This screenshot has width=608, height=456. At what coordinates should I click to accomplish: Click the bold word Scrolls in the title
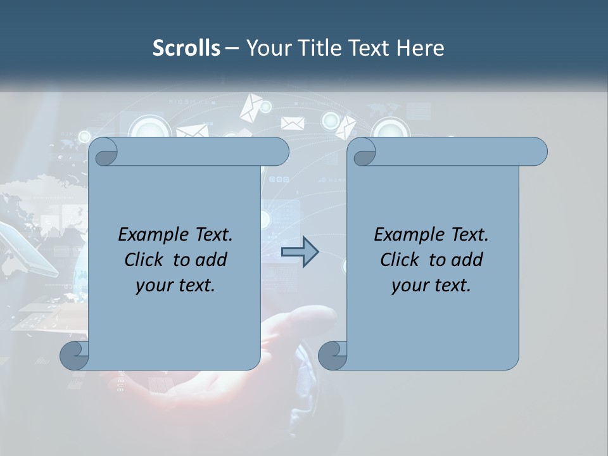coord(186,48)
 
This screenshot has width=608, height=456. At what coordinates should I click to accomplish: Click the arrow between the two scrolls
coord(300,252)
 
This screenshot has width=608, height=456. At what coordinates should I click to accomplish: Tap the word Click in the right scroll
coord(399,260)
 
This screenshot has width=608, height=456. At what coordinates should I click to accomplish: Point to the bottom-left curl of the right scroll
coord(332,355)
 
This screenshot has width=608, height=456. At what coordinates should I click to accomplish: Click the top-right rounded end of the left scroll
coord(279,152)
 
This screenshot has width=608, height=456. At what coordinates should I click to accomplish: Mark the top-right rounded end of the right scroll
coord(538,152)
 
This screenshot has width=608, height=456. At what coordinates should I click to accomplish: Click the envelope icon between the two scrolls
coord(293,123)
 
